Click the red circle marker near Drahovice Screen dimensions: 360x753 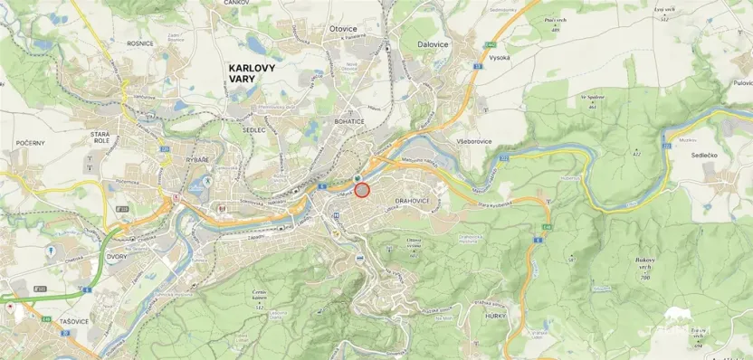click(x=362, y=190)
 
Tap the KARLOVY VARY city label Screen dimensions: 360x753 click(x=254, y=72)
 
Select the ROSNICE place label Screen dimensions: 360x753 click(x=140, y=43)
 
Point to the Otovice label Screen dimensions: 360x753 click(x=343, y=29)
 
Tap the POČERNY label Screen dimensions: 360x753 click(x=30, y=143)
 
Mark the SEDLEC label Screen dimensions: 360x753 click(x=253, y=129)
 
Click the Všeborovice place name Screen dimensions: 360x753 click(x=474, y=142)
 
